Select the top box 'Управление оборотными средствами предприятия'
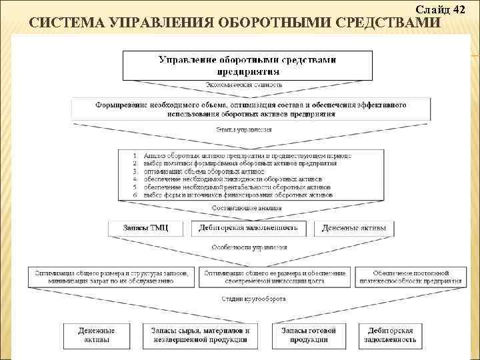tap(247, 65)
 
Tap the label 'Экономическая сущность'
tap(243, 85)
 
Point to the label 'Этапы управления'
tap(243, 129)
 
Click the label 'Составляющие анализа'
tap(246, 208)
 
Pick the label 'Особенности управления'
tap(249, 247)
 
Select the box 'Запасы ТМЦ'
tap(146, 228)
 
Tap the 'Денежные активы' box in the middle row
tap(353, 228)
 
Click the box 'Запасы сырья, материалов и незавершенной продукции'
tap(199, 335)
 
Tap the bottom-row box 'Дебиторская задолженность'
tap(390, 335)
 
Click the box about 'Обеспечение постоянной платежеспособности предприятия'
tap(408, 277)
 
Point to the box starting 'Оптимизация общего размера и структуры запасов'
tap(112, 277)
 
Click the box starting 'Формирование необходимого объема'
tap(250, 109)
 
